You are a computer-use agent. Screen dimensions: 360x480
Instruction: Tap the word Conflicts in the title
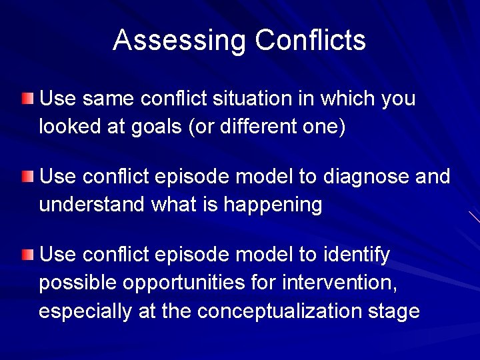[310, 40]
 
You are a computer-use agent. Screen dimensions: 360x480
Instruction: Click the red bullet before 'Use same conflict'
[26, 99]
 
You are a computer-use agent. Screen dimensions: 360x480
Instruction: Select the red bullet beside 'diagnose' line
[26, 177]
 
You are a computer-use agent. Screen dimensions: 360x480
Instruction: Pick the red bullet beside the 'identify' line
[26, 255]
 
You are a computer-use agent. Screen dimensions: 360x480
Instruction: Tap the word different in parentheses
[255, 126]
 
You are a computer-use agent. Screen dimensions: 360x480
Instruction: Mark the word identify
[356, 255]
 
